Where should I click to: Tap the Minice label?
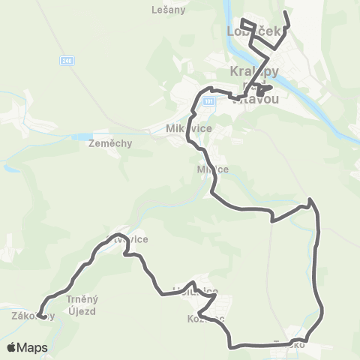212,169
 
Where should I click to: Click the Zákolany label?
33,316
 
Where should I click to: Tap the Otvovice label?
127,239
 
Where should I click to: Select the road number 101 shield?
208,100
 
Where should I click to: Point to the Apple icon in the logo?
11,347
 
